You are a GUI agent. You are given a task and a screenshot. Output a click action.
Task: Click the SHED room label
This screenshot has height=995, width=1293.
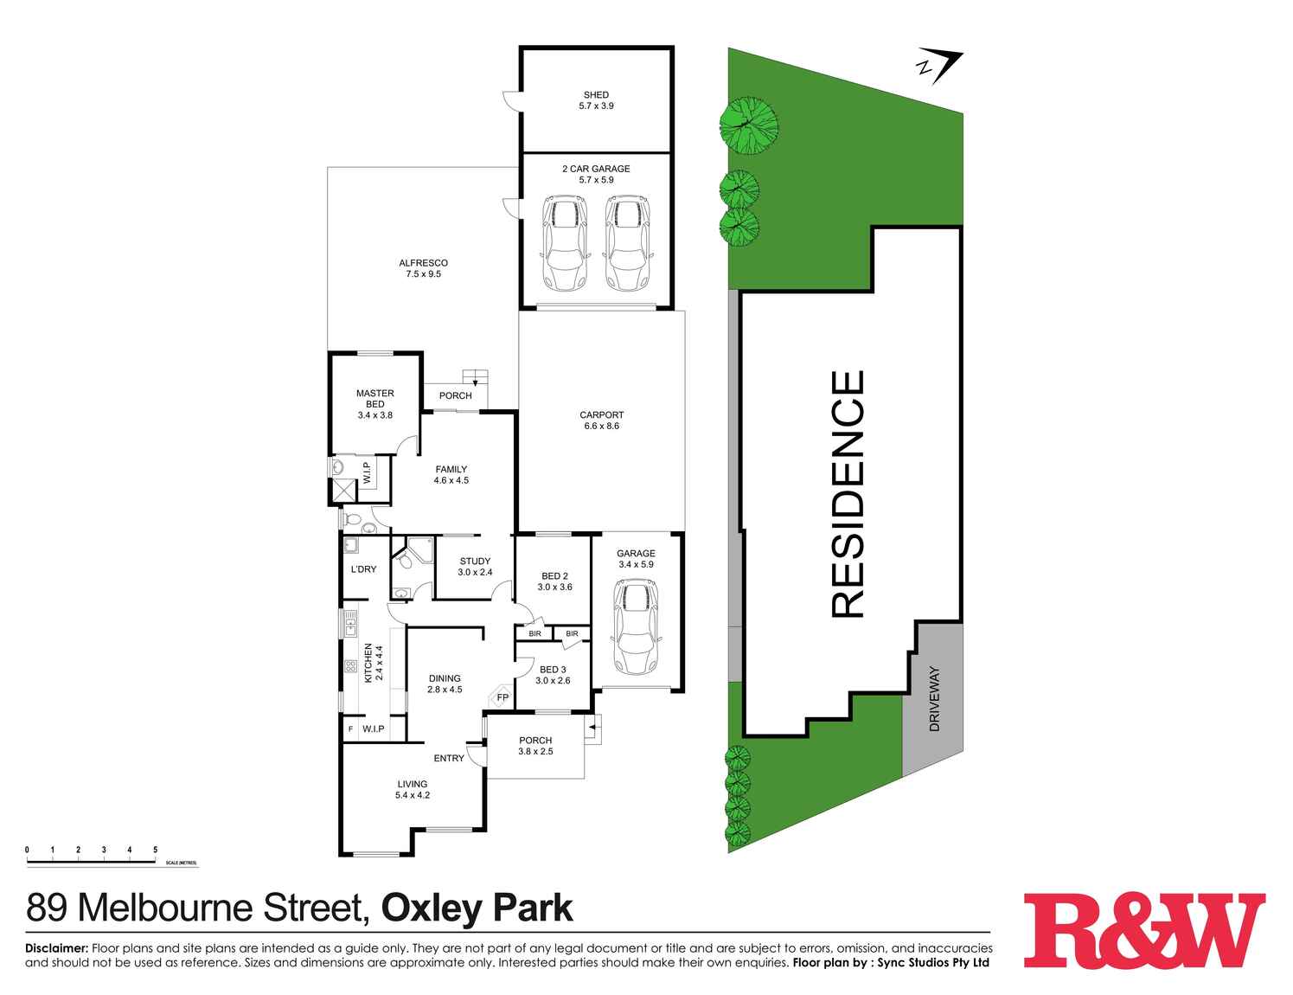pyautogui.click(x=596, y=95)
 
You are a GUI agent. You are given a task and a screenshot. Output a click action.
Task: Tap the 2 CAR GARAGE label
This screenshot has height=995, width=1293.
pyautogui.click(x=596, y=169)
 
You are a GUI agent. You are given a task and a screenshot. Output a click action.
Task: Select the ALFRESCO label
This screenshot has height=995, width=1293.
pyautogui.click(x=423, y=263)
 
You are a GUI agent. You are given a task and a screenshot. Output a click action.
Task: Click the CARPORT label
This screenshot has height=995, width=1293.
pyautogui.click(x=601, y=415)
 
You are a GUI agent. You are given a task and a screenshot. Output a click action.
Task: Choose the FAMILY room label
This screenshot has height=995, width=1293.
pyautogui.click(x=451, y=470)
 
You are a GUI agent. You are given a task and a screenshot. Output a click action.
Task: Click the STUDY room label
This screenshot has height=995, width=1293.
pyautogui.click(x=475, y=561)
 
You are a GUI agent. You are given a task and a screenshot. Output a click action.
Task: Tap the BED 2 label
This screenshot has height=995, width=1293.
pyautogui.click(x=554, y=576)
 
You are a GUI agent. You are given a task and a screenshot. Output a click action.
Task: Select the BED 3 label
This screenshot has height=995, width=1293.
pyautogui.click(x=553, y=669)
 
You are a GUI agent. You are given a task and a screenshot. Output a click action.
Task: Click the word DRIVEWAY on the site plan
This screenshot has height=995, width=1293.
pyautogui.click(x=934, y=700)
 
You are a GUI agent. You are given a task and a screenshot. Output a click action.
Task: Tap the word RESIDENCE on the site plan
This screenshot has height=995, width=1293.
pyautogui.click(x=848, y=494)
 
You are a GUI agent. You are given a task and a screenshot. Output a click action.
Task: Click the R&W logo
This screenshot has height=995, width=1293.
pyautogui.click(x=1143, y=930)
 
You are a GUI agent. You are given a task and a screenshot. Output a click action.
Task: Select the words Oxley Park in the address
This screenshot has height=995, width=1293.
pyautogui.click(x=477, y=908)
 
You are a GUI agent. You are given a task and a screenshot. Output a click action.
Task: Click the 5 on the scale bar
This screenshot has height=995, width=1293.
pyautogui.click(x=155, y=850)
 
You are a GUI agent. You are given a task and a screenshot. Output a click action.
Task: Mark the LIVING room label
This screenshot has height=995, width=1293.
pyautogui.click(x=412, y=784)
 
